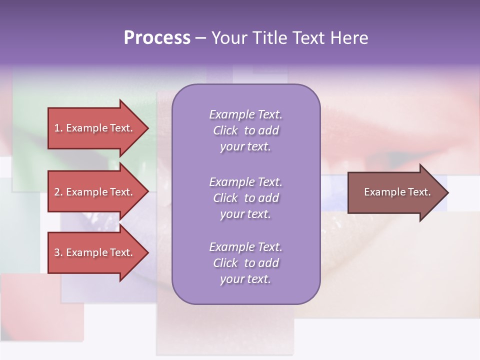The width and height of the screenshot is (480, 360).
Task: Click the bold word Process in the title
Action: click(157, 38)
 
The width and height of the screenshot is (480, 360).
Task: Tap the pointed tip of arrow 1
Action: click(147, 128)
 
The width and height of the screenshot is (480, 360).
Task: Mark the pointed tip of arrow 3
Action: click(147, 252)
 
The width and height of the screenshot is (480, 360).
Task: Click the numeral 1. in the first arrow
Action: click(58, 128)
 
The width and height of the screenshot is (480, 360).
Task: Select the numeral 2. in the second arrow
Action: click(58, 192)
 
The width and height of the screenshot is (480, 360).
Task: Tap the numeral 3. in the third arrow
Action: click(58, 252)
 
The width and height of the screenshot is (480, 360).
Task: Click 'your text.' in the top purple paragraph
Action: click(245, 147)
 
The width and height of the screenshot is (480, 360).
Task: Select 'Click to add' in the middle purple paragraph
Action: click(245, 198)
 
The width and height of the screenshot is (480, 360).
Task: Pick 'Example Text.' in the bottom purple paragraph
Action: click(245, 247)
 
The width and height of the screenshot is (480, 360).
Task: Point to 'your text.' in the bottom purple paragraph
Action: click(245, 279)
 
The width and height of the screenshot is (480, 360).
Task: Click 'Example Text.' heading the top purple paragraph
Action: click(245, 114)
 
